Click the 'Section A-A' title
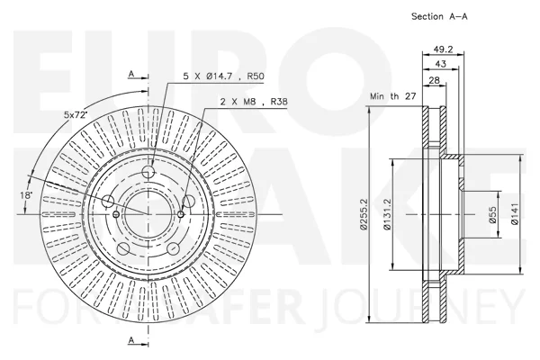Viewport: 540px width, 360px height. (439, 16)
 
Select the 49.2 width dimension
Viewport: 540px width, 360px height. (443, 49)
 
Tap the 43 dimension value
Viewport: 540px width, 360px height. (440, 64)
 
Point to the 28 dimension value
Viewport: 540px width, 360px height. (435, 80)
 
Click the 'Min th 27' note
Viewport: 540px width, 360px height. (393, 96)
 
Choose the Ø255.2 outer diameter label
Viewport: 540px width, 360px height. (364, 214)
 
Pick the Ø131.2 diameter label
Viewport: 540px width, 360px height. (387, 214)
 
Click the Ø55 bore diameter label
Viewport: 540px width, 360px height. (493, 214)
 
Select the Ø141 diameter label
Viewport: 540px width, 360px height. (515, 214)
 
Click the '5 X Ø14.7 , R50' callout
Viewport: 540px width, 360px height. (223, 76)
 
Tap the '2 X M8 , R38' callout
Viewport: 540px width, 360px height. (254, 102)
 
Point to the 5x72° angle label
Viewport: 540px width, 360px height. (75, 114)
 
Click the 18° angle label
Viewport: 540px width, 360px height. (26, 195)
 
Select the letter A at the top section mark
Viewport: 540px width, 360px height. (130, 74)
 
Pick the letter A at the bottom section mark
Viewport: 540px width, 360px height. (130, 340)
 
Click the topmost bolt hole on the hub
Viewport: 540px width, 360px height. (148, 171)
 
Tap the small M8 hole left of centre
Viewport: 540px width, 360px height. (116, 214)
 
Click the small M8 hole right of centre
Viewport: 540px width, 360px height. (181, 214)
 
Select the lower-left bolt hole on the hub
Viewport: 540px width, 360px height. (123, 248)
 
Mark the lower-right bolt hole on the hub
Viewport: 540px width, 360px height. (173, 248)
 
